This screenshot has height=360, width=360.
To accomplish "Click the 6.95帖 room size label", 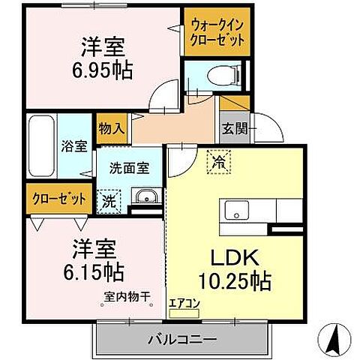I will (103, 70).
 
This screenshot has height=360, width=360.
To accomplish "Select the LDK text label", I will (239, 258).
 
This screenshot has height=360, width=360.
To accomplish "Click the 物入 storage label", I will (111, 128).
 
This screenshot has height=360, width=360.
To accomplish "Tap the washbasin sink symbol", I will (145, 197).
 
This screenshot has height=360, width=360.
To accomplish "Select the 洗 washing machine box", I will (109, 200).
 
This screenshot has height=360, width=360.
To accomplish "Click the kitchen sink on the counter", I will (235, 210).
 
